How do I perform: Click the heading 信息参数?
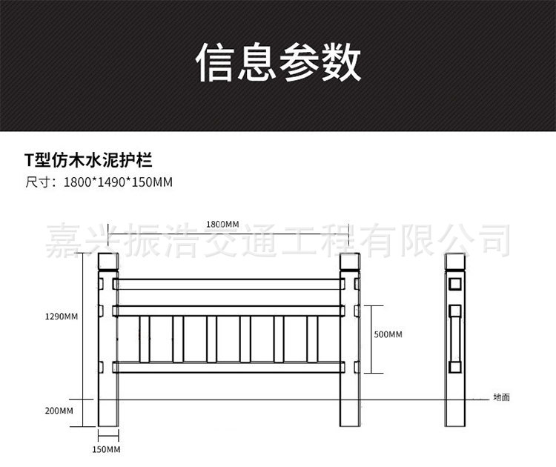278,62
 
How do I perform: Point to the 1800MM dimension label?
222,224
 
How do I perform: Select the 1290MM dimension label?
62,317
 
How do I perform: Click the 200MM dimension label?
60,410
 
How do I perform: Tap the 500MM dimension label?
388,334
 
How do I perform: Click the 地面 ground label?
502,397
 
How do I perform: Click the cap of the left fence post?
108,262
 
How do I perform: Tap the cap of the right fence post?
349,262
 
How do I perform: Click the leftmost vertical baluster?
144,339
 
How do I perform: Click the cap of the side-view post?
454,262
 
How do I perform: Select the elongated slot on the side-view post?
454,337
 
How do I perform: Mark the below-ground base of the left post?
108,414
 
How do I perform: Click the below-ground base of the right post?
349,414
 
